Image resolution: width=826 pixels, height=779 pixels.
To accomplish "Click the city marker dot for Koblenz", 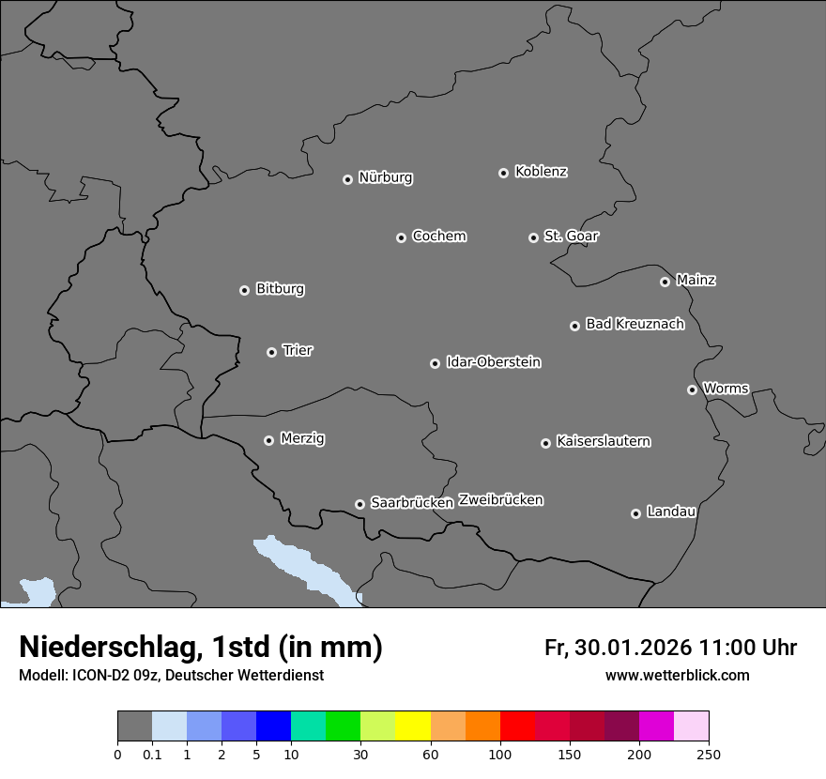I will tap(503, 173).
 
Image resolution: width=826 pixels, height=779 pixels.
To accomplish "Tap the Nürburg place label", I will tap(386, 177).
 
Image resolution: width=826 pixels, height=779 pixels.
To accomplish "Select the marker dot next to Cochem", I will tap(401, 237).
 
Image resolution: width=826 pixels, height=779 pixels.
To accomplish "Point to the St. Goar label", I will tap(571, 237).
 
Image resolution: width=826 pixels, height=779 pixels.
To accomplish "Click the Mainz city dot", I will tap(665, 282).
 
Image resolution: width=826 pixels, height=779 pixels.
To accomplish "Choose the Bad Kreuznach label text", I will tap(635, 324).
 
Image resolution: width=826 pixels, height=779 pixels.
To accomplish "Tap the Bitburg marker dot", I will tap(244, 290).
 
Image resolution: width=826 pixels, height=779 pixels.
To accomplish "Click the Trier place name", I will tap(298, 350).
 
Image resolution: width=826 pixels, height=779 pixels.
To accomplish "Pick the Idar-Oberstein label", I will tap(493, 362).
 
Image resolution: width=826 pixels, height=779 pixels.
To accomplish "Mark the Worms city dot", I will tap(692, 389).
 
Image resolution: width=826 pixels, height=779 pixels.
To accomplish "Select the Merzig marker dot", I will tap(268, 440).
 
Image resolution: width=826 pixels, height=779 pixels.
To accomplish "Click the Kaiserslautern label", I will tap(603, 441).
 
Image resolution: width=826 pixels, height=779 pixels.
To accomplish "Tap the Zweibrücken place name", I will tap(500, 500).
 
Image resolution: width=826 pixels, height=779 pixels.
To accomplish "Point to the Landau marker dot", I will tap(635, 513).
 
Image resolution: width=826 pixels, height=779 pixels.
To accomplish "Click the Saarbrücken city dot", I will tap(359, 504).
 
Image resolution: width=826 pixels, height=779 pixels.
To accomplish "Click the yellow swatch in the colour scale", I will tap(413, 726).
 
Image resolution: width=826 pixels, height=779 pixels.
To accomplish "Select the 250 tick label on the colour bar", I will tap(709, 754).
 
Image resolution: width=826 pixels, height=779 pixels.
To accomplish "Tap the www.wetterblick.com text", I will tap(678, 675).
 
